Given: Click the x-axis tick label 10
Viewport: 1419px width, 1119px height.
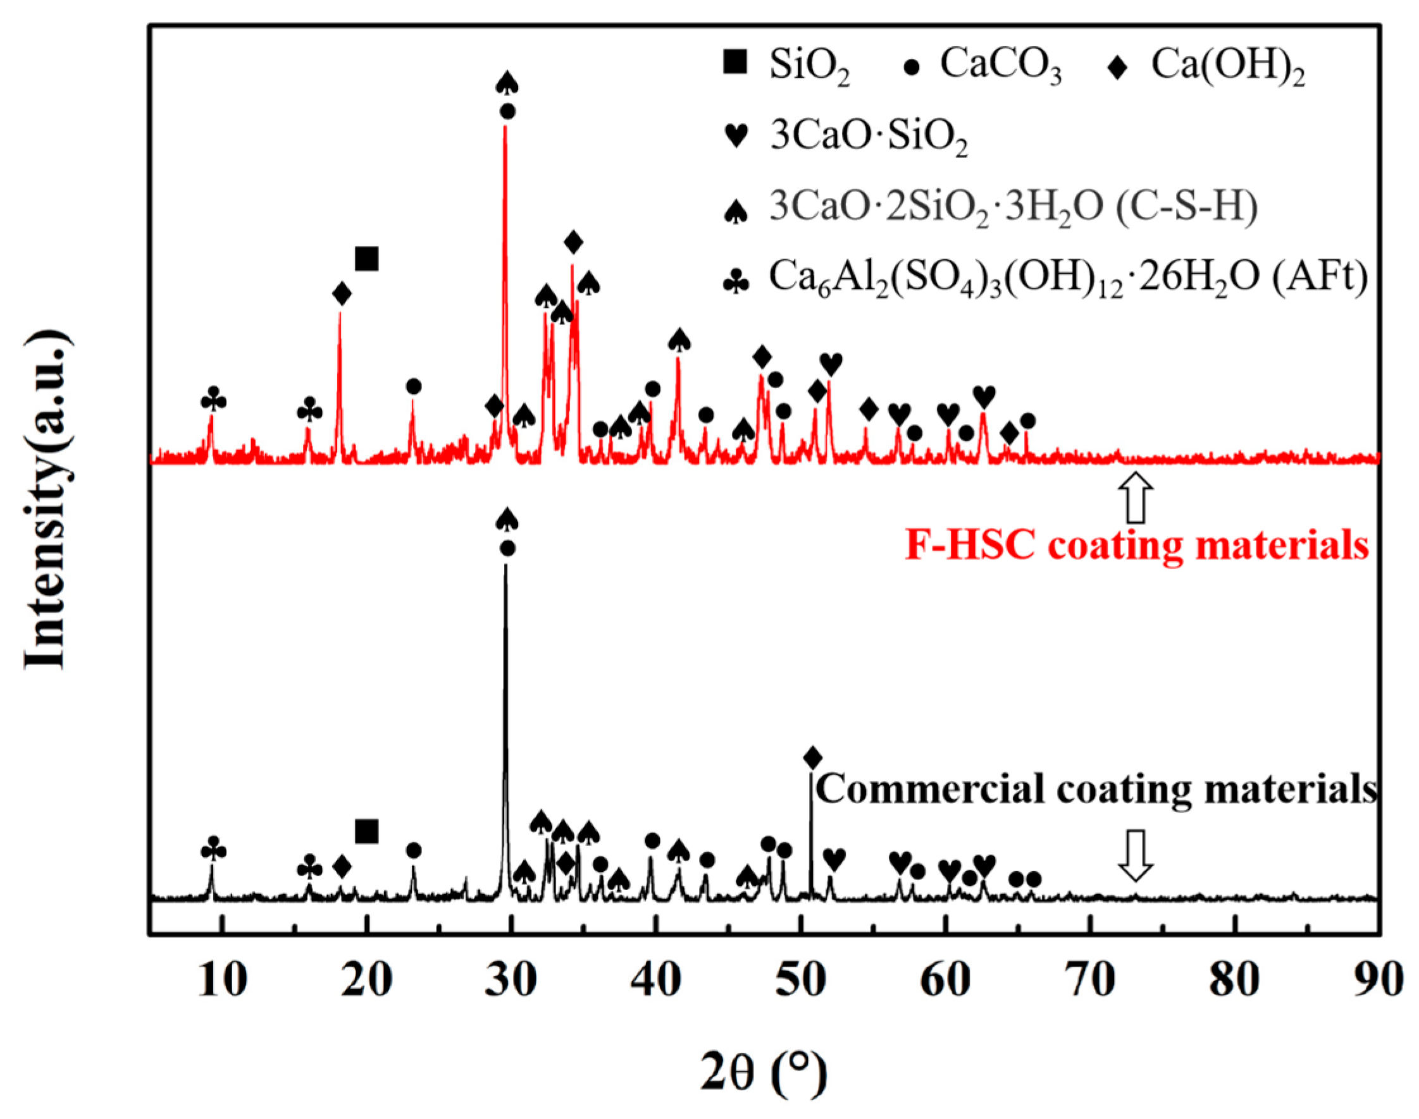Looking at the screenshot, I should (223, 980).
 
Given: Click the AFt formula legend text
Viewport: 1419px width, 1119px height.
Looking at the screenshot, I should (1069, 278).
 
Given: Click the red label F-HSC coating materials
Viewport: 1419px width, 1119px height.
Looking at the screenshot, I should (1137, 546).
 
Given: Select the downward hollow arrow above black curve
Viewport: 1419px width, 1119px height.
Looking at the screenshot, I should (1135, 855).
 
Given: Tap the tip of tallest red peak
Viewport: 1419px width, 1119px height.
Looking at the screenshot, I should (505, 126).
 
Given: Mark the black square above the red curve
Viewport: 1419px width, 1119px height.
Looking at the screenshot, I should (366, 259).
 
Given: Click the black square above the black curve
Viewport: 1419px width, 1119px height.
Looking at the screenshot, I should (366, 831).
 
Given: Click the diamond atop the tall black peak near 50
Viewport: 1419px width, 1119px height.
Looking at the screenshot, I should (812, 758).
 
